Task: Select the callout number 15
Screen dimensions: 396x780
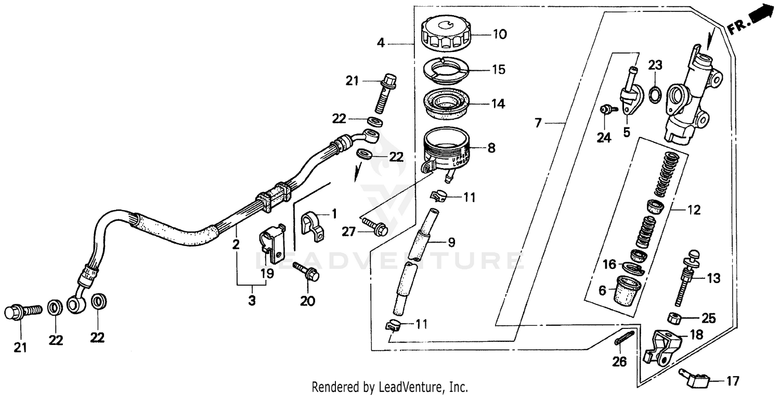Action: coord(498,70)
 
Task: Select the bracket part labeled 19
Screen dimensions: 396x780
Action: coord(272,242)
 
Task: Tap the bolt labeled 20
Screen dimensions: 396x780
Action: coord(306,272)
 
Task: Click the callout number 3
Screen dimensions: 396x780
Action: coord(252,300)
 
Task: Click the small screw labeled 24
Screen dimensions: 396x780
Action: coord(606,110)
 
